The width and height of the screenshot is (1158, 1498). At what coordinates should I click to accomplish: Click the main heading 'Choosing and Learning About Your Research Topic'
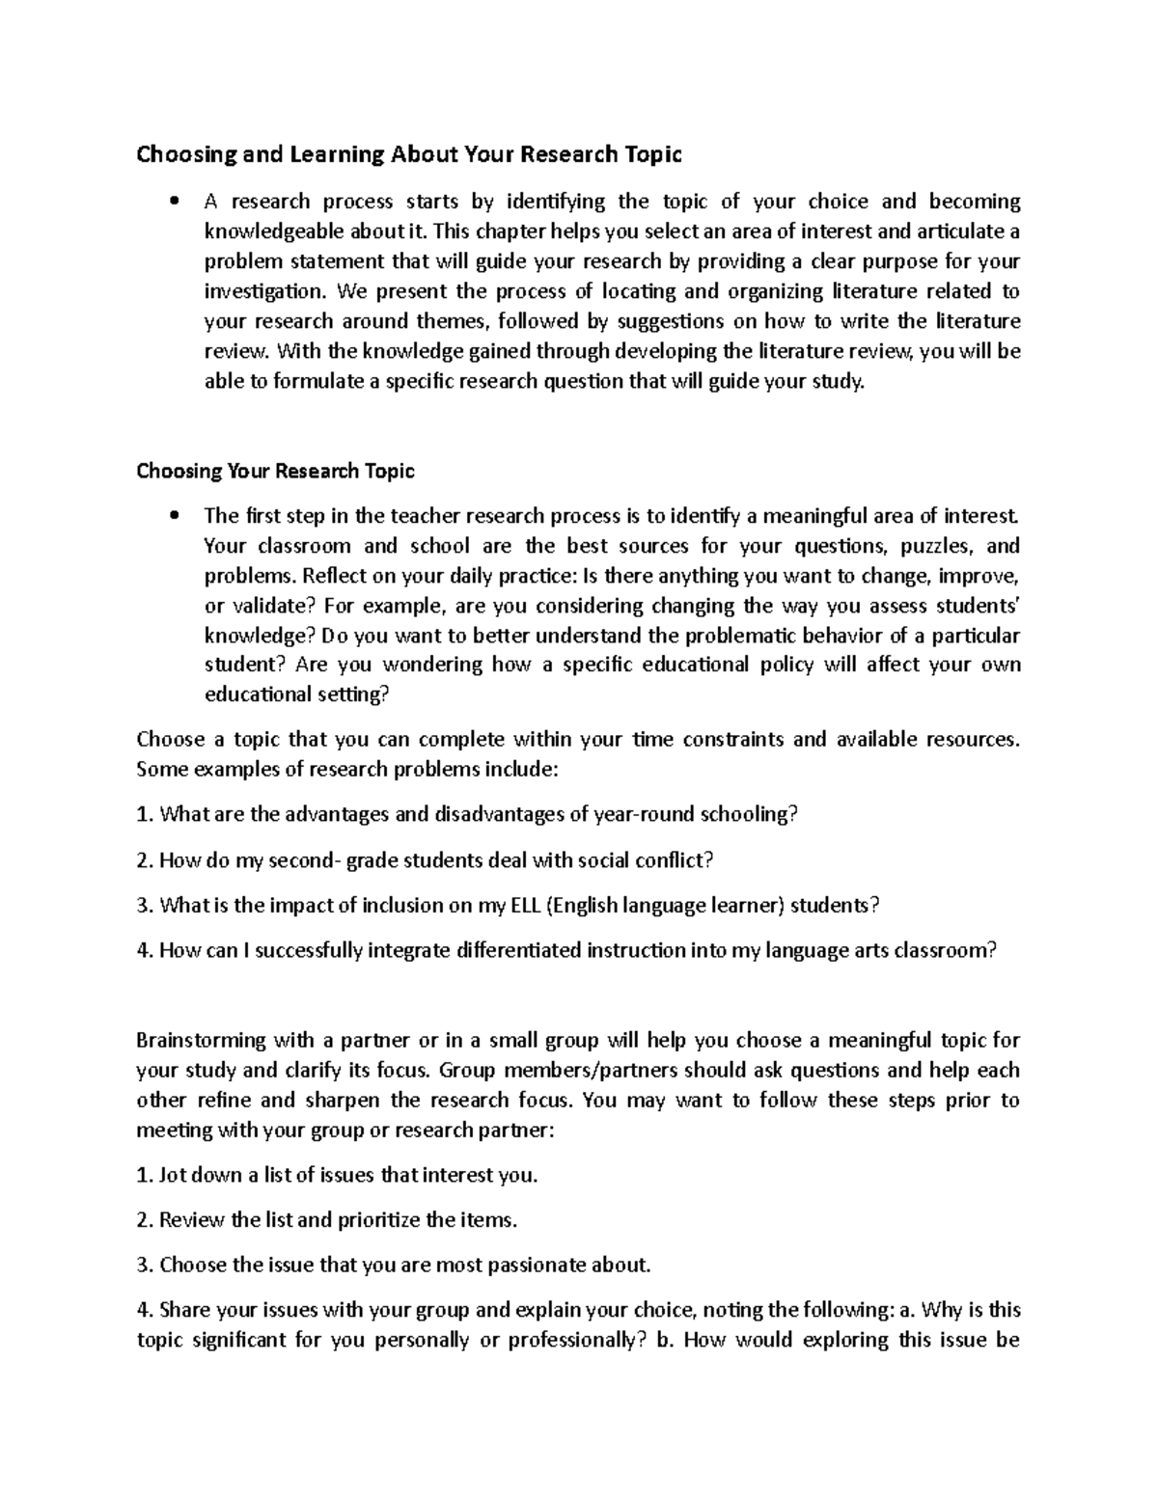pos(409,154)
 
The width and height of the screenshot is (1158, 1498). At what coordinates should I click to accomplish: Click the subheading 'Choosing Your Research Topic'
pos(276,472)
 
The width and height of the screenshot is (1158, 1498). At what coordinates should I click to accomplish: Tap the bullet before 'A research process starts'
pos(174,203)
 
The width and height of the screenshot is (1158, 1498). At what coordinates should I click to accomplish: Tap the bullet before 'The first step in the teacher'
pos(174,517)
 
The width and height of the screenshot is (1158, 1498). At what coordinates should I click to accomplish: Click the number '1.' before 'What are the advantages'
pos(145,816)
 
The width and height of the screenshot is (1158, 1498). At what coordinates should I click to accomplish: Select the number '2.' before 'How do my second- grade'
pos(145,860)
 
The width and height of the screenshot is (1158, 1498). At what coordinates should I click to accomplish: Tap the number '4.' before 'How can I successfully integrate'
pos(145,951)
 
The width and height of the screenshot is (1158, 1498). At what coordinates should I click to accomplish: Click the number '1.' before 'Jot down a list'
pos(145,1177)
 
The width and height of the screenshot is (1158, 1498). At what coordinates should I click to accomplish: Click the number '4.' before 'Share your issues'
pos(145,1311)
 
